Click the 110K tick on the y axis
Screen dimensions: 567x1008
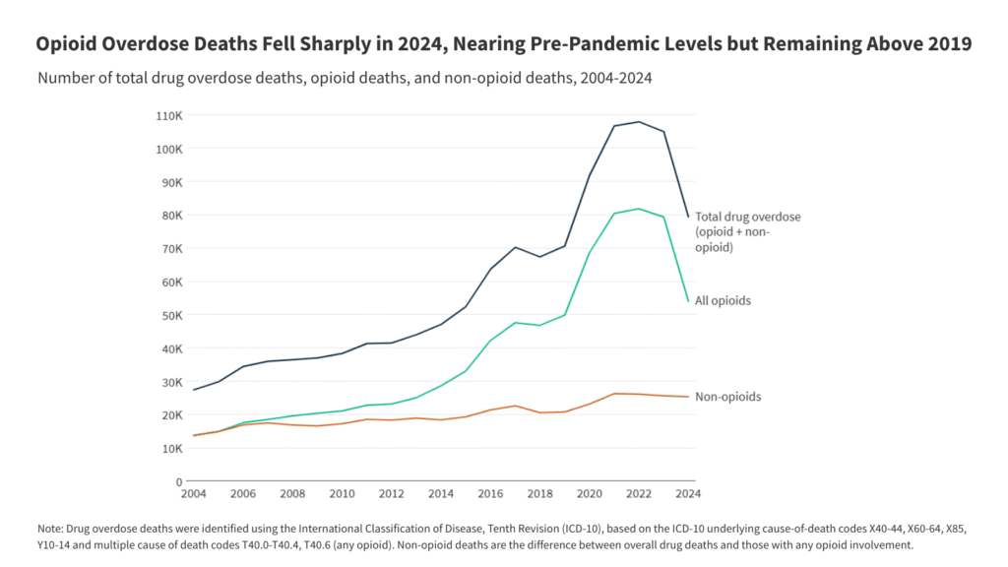click(x=169, y=115)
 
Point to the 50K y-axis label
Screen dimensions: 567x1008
click(x=171, y=315)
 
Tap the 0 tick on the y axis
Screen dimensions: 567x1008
click(x=179, y=481)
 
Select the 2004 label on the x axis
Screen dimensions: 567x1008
click(x=193, y=493)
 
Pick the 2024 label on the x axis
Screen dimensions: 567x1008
click(x=687, y=493)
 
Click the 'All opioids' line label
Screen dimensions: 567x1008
click(x=723, y=300)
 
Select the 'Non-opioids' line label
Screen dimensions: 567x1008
click(x=727, y=397)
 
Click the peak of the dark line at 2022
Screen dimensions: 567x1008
click(x=638, y=122)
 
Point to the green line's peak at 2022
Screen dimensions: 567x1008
click(x=638, y=209)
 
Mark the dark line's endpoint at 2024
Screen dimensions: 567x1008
click(x=688, y=217)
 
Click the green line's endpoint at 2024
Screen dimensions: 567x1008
click(x=688, y=300)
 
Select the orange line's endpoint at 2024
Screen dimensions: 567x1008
click(x=688, y=397)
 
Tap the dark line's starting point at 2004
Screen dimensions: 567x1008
click(x=193, y=390)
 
